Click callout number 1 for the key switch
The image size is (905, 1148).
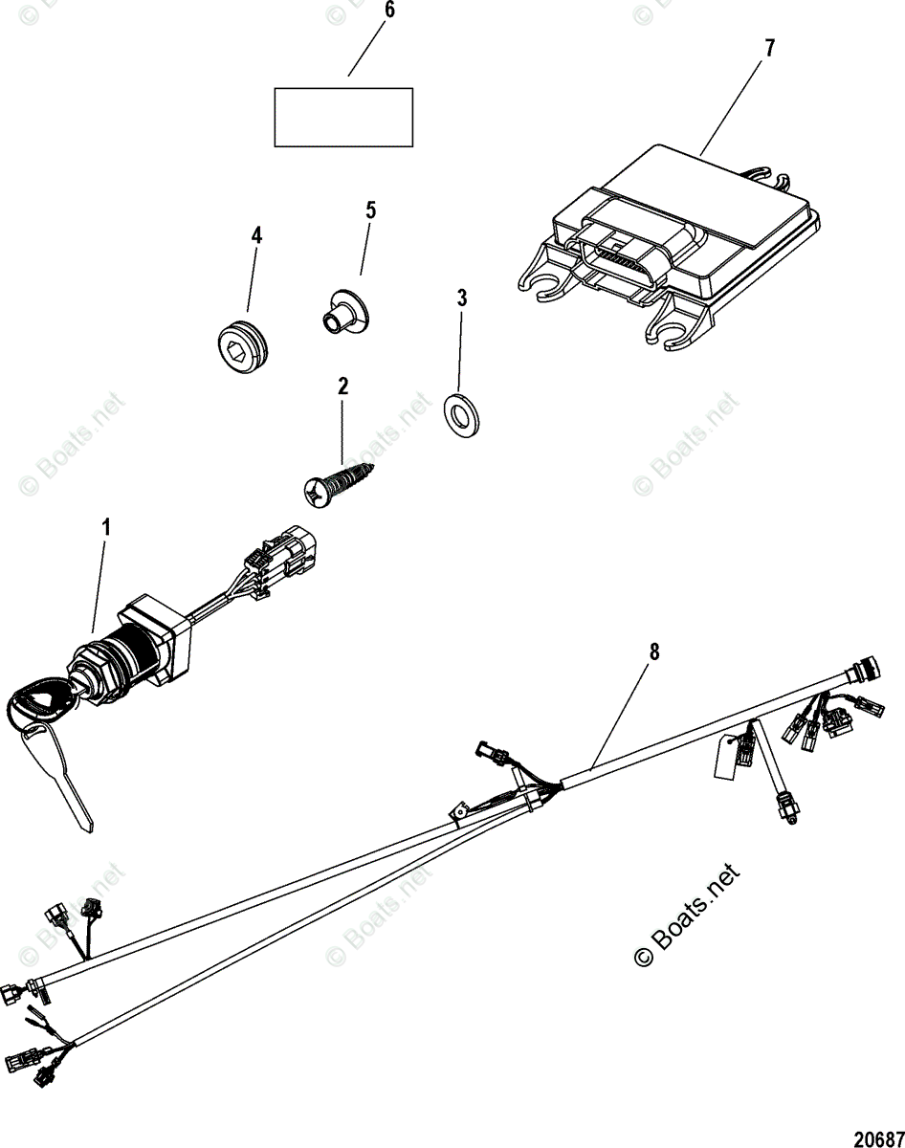click(106, 527)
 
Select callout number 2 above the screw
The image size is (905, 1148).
click(342, 386)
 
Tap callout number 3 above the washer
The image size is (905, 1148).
click(462, 298)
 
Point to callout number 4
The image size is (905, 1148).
click(256, 235)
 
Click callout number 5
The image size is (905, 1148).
click(370, 210)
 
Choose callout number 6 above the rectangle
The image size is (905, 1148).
click(387, 11)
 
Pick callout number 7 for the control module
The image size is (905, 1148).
click(768, 49)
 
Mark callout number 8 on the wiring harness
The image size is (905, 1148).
click(653, 652)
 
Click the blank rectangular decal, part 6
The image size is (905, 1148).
click(343, 117)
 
